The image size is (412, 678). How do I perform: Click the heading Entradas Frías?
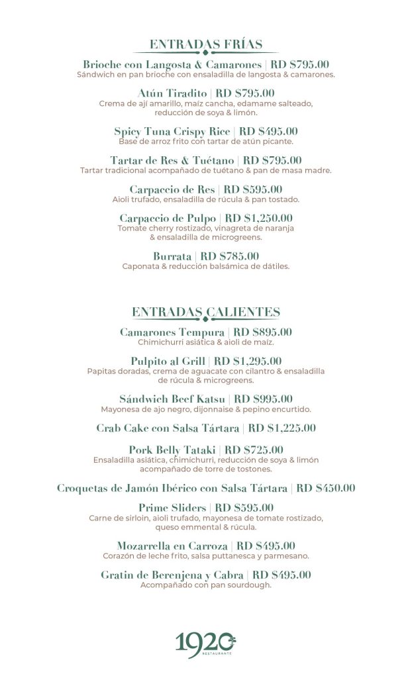206,44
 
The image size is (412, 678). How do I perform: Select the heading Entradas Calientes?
206,312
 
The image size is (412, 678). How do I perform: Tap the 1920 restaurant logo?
206,643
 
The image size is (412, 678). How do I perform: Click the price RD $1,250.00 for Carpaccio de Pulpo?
259,218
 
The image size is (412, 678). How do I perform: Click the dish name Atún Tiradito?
173,93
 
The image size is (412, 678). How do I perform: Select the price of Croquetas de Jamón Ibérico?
325,488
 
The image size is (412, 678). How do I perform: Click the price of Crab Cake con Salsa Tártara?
282,428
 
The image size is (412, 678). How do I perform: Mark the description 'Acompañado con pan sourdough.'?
206,585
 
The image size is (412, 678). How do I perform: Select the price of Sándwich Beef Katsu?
263,399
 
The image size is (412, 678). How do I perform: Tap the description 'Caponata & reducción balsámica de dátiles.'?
206,266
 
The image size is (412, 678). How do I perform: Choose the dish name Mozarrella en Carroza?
172,546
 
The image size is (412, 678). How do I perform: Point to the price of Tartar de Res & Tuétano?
272,160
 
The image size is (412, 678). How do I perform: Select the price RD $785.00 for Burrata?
230,256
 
